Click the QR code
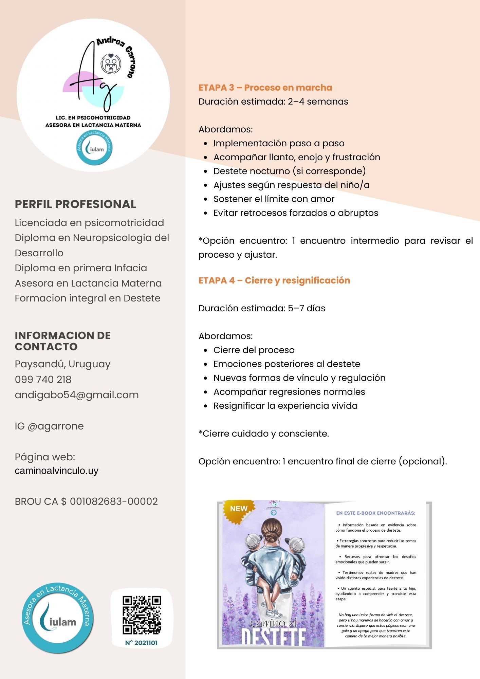[x=142, y=615]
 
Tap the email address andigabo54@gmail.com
[x=77, y=395]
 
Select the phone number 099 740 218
[x=43, y=379]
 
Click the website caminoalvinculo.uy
[x=57, y=471]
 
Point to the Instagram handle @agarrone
[x=55, y=426]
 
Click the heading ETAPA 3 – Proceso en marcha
[x=265, y=88]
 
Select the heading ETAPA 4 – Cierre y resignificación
[x=274, y=280]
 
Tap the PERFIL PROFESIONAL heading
[x=75, y=204]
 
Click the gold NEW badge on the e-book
[x=239, y=509]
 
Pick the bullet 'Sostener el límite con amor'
[x=274, y=199]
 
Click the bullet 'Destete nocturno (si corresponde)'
[x=289, y=171]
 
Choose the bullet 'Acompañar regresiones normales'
[x=289, y=392]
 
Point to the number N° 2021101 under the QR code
[x=141, y=643]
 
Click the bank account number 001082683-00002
[x=114, y=501]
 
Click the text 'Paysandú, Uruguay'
[x=62, y=364]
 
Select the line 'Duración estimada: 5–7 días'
[x=262, y=308]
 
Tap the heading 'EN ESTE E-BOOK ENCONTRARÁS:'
[x=375, y=513]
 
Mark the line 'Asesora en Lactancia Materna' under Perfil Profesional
[x=88, y=283]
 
